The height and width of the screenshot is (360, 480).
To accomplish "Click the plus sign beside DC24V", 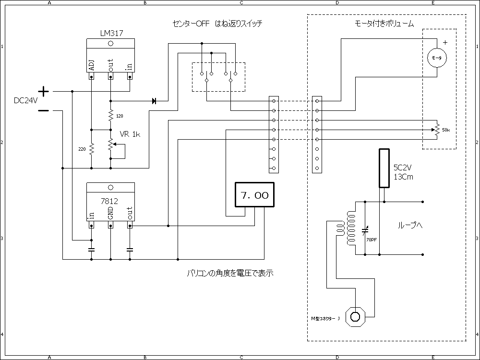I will [x=43, y=91].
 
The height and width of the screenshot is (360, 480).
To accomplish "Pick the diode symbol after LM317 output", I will [x=154, y=101].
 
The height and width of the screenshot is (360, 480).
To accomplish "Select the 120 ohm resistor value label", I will [x=120, y=117].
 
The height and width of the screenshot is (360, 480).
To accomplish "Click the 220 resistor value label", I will [x=82, y=149].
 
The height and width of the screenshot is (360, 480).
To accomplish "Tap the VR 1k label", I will [x=130, y=134].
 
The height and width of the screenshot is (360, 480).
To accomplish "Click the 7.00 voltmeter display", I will [x=254, y=195].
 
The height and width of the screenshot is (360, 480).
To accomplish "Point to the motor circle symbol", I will [x=437, y=58].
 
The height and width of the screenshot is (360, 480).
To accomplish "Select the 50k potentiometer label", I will [x=446, y=130].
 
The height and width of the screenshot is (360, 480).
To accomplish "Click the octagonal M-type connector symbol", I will [x=356, y=316].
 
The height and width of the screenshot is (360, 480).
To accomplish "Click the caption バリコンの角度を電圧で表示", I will [x=230, y=274].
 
